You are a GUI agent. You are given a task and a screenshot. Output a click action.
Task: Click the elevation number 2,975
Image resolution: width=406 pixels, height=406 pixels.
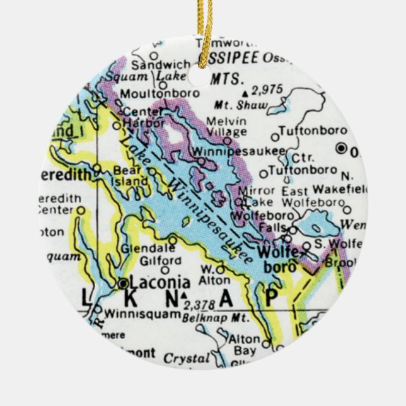[x=266, y=90]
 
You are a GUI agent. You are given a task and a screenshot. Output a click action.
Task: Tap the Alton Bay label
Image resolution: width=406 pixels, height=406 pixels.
[x=245, y=344]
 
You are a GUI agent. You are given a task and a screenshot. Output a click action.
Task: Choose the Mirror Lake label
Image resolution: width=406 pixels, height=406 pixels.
[x=257, y=196]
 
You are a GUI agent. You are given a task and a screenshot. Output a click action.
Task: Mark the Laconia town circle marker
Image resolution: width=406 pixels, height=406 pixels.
[x=122, y=284]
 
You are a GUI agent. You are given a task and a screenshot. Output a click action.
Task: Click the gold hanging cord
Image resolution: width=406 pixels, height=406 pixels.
[x=204, y=25]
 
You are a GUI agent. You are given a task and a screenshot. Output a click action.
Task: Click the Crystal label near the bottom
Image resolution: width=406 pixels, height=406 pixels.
[x=186, y=357]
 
